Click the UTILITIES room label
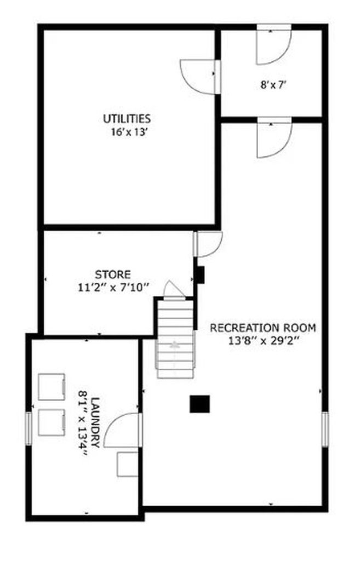127,118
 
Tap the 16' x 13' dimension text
129,132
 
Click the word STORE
113,275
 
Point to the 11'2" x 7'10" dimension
113,287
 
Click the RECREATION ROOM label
263,328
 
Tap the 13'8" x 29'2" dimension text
264,340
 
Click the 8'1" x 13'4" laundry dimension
83,423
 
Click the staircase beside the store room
175,338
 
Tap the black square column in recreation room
199,404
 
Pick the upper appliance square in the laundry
52,387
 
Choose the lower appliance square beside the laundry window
52,422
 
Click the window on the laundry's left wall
28,428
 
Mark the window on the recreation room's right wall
324,429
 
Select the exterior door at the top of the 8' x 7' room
274,44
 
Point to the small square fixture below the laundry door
127,464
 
